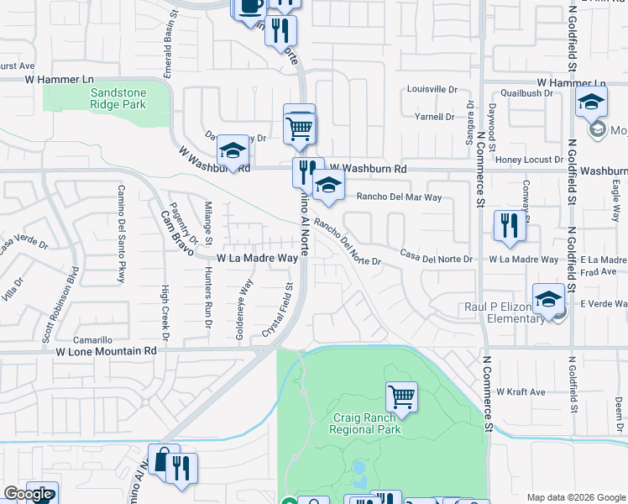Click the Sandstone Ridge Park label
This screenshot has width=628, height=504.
[118, 97]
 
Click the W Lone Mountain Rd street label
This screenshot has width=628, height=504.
[107, 350]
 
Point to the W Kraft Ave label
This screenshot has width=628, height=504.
[521, 392]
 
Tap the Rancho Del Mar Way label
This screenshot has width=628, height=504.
[400, 197]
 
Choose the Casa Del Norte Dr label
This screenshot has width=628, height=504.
[436, 255]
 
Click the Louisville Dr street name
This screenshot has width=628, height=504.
[432, 89]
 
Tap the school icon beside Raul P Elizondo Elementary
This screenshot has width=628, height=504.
[548, 300]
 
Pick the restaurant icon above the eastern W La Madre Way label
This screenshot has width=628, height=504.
[510, 225]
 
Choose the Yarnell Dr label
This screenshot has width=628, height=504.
[434, 118]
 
